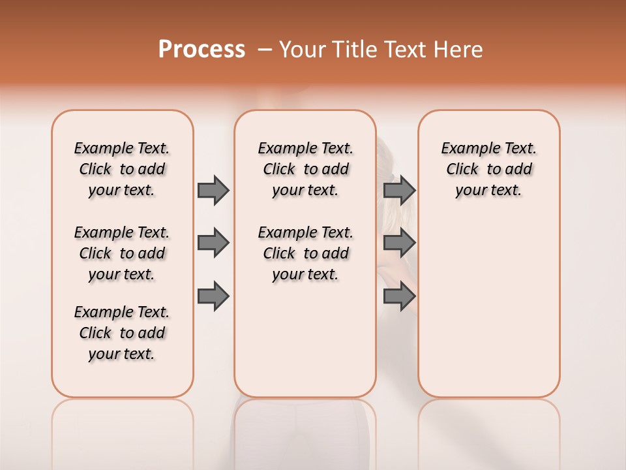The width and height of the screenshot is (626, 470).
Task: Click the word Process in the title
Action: (201, 50)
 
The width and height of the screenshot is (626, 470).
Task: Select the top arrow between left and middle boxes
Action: (213, 190)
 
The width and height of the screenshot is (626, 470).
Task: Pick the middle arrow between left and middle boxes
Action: (213, 243)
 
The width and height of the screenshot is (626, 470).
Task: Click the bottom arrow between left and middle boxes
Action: (213, 296)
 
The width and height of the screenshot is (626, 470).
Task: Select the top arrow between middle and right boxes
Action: (399, 190)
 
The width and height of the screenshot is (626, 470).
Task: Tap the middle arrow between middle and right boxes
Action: (399, 243)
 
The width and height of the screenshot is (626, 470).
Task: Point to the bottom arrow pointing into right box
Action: (399, 296)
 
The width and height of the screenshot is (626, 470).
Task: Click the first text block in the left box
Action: (122, 169)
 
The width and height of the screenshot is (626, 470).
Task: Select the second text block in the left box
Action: (122, 253)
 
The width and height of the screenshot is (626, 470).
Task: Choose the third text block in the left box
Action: (122, 333)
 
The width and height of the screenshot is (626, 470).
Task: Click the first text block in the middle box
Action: (305, 169)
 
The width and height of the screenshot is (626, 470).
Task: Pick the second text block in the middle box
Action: (305, 253)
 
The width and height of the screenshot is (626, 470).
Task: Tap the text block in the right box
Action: (489, 169)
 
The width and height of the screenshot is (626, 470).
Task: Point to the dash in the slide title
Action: (265, 50)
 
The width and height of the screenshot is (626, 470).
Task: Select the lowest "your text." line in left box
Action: (122, 354)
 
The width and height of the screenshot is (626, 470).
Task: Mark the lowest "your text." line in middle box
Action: (305, 274)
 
